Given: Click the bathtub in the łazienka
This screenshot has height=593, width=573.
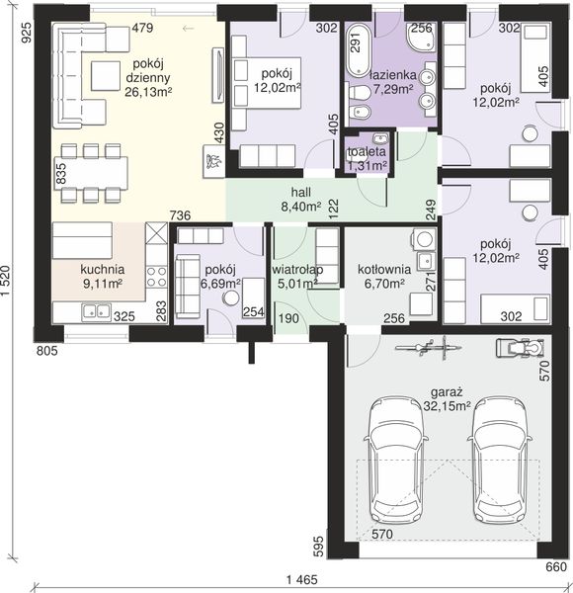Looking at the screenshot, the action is pyautogui.click(x=358, y=50).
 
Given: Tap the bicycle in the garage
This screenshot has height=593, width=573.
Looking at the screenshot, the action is pyautogui.click(x=428, y=347).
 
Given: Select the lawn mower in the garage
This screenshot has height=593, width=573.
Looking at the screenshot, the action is pyautogui.click(x=520, y=347).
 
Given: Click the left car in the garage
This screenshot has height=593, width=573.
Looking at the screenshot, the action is pyautogui.click(x=396, y=460).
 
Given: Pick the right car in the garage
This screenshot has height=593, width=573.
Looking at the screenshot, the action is pyautogui.click(x=500, y=460).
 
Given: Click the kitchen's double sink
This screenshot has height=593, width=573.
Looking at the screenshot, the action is pyautogui.click(x=97, y=311).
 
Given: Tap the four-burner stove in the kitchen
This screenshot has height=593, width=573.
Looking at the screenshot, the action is pyautogui.click(x=157, y=277).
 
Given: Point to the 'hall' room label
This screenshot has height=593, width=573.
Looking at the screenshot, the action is pyautogui.click(x=301, y=192).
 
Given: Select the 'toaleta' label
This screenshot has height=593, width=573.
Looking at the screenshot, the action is pyautogui.click(x=367, y=151).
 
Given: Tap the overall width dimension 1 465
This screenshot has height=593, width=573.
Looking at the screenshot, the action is pyautogui.click(x=302, y=579).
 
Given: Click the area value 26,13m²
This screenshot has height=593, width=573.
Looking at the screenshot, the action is pyautogui.click(x=148, y=92).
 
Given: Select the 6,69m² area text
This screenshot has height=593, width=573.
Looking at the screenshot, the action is pyautogui.click(x=221, y=284).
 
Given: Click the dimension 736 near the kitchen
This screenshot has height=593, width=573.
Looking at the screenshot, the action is pyautogui.click(x=180, y=215).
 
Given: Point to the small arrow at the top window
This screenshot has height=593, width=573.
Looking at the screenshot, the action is pyautogui.click(x=189, y=29).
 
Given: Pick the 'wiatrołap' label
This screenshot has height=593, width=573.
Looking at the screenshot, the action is pyautogui.click(x=297, y=269).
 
